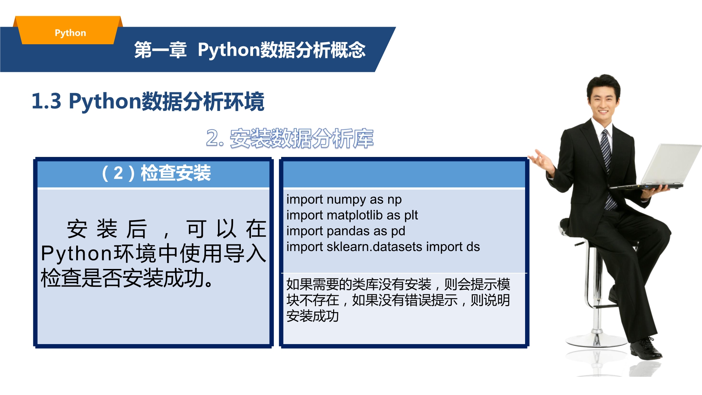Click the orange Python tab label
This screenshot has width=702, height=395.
coord(70,33)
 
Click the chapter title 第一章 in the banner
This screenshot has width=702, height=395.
coord(160,50)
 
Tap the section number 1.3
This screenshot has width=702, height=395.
coord(46,101)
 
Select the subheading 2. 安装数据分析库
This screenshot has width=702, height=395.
coord(290,138)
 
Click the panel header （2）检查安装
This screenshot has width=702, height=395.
coord(156,173)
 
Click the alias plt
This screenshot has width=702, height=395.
coord(411,216)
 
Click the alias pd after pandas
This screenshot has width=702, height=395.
coord(398,231)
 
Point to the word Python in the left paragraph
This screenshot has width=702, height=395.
coord(77,254)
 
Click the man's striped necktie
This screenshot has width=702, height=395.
coord(607,169)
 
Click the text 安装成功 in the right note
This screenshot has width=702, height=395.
coord(312,316)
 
